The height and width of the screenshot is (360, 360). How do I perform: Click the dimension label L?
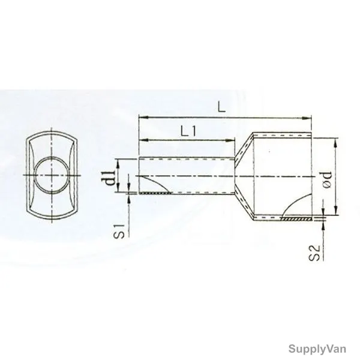coord(221,107)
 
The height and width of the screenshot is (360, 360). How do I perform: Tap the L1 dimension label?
coord(188,131)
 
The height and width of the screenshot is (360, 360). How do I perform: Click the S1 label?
coord(119,231)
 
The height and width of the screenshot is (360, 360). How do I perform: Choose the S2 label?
coord(314,253)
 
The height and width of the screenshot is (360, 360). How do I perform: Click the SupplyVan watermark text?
coord(317,349)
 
